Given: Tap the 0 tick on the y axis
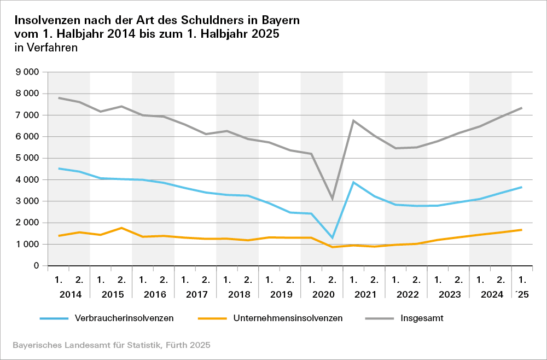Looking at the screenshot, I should [36, 266].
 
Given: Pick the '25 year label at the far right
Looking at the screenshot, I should [522, 294].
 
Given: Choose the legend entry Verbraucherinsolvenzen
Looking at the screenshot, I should [124, 318].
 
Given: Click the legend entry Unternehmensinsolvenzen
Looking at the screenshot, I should [288, 318].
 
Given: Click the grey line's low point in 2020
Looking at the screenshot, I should [332, 199].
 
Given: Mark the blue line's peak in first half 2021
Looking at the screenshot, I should [353, 182].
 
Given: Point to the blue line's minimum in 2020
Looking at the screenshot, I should [332, 238].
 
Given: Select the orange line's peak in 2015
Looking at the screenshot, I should [121, 228].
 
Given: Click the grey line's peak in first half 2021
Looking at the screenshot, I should [353, 120].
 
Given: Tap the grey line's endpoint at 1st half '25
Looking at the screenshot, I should [522, 108].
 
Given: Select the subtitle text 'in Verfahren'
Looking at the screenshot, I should [46, 48].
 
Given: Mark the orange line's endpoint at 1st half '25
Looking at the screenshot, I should [522, 230].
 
